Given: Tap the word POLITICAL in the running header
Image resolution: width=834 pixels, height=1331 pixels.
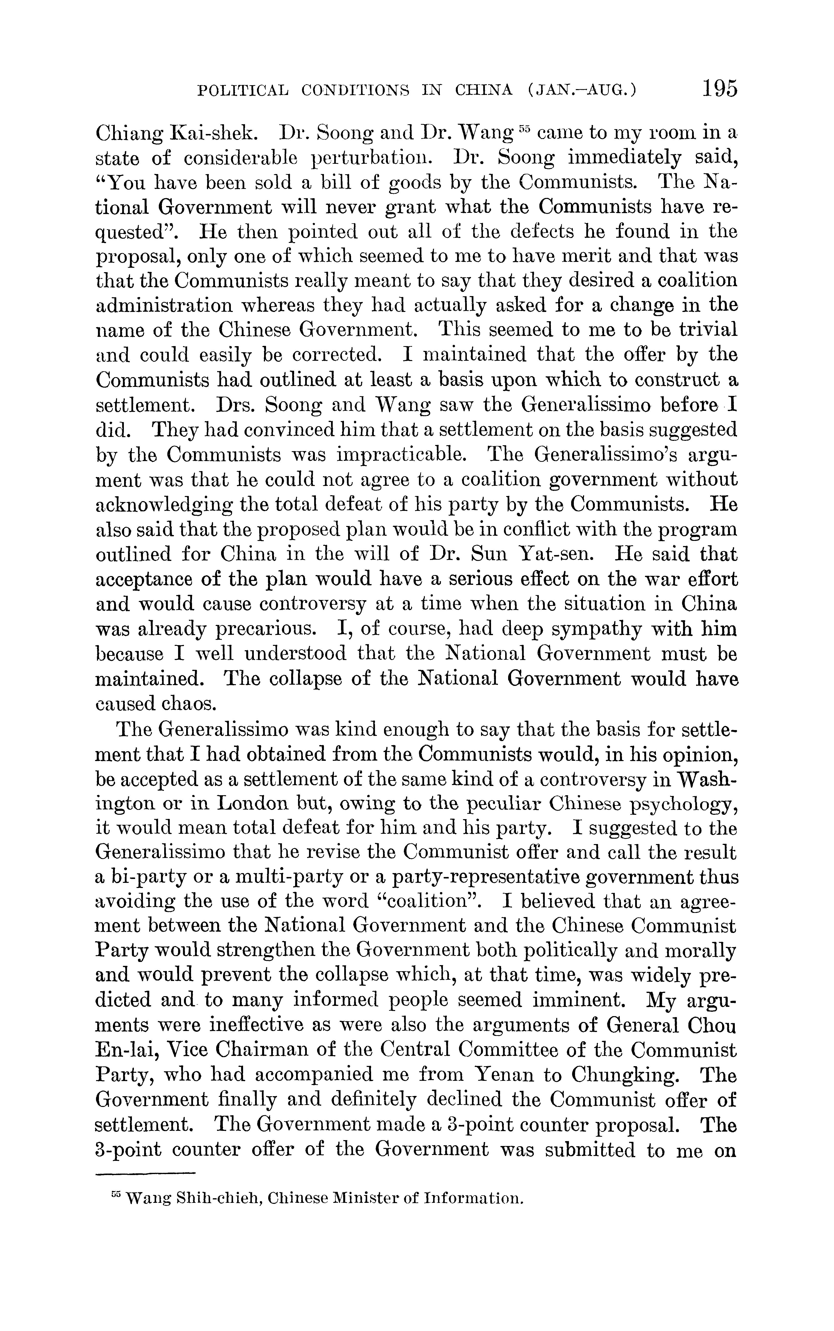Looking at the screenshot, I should pyautogui.click(x=243, y=90).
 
